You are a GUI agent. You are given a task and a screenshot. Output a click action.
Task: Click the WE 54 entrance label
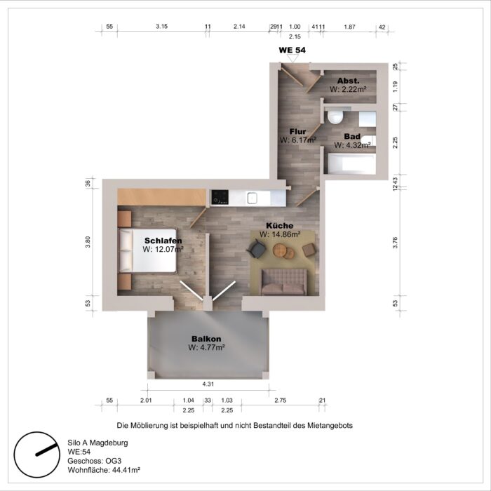pos(292,51)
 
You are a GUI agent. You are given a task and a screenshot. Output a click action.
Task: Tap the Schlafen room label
pos(163,240)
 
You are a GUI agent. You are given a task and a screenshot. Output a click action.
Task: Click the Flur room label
pos(298,131)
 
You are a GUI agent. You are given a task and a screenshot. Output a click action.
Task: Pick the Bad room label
pos(351,136)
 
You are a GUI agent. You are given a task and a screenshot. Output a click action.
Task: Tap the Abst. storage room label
pos(349,81)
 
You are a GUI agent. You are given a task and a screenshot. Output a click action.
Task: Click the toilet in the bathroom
pos(335,116)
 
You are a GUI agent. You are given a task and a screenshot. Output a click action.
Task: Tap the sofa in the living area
pos(283,281)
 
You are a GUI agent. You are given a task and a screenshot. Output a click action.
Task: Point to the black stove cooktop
pos(220,196)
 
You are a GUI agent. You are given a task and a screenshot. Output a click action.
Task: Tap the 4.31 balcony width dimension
pos(208,384)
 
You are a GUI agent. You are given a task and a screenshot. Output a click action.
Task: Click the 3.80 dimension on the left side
pos(88,240)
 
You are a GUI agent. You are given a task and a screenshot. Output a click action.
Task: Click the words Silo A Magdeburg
pos(97,443)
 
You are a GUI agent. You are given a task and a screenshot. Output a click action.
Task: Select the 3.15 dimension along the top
pos(161,27)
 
